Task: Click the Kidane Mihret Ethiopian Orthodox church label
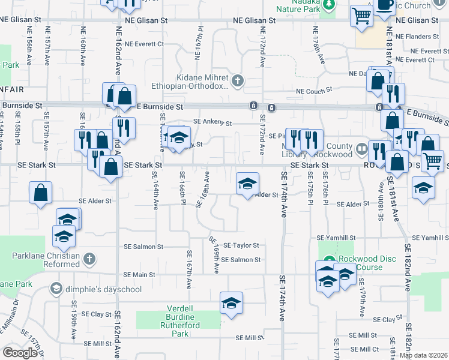click(202, 82)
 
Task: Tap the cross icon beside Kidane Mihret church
click(238, 80)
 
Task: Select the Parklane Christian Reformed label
click(46, 260)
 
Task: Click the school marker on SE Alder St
click(247, 184)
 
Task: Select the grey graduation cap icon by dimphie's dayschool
click(56, 289)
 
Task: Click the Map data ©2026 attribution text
click(423, 355)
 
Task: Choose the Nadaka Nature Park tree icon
click(328, 5)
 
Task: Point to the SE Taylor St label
click(241, 245)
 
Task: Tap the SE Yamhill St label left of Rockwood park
click(336, 238)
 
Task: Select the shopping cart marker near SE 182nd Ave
click(432, 160)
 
